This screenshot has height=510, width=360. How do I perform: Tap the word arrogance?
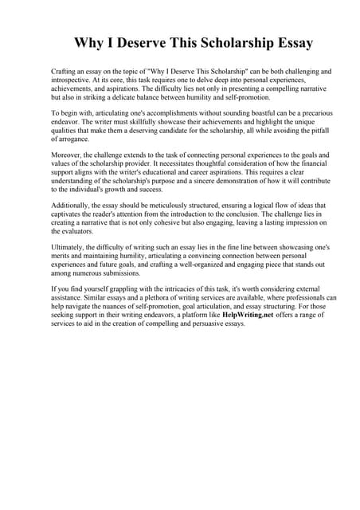pyautogui.click(x=69, y=138)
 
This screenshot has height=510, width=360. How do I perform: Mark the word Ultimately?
pyautogui.click(x=69, y=249)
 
